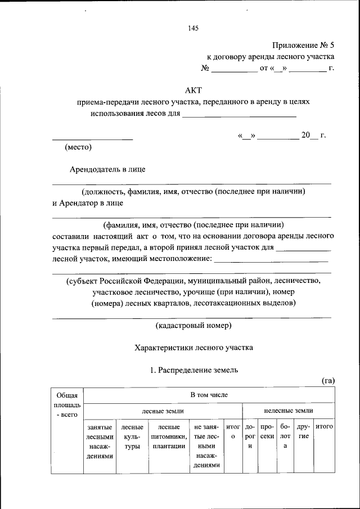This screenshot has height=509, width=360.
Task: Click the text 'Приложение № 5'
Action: point(303,44)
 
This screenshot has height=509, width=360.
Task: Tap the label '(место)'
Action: point(78,147)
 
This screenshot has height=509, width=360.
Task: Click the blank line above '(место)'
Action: point(92,138)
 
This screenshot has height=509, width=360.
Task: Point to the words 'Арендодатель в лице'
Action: point(109,169)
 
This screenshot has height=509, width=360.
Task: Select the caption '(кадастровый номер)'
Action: point(193,325)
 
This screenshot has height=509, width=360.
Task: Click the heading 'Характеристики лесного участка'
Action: point(193,348)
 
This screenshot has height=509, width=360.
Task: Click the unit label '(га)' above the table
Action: point(328,381)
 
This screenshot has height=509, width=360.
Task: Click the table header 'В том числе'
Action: point(209,395)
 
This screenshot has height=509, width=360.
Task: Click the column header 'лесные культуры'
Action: point(132,436)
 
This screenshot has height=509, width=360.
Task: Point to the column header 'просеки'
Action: point(267,432)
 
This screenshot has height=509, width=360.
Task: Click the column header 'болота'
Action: point(285,436)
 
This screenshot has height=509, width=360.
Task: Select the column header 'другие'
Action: point(303,432)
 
